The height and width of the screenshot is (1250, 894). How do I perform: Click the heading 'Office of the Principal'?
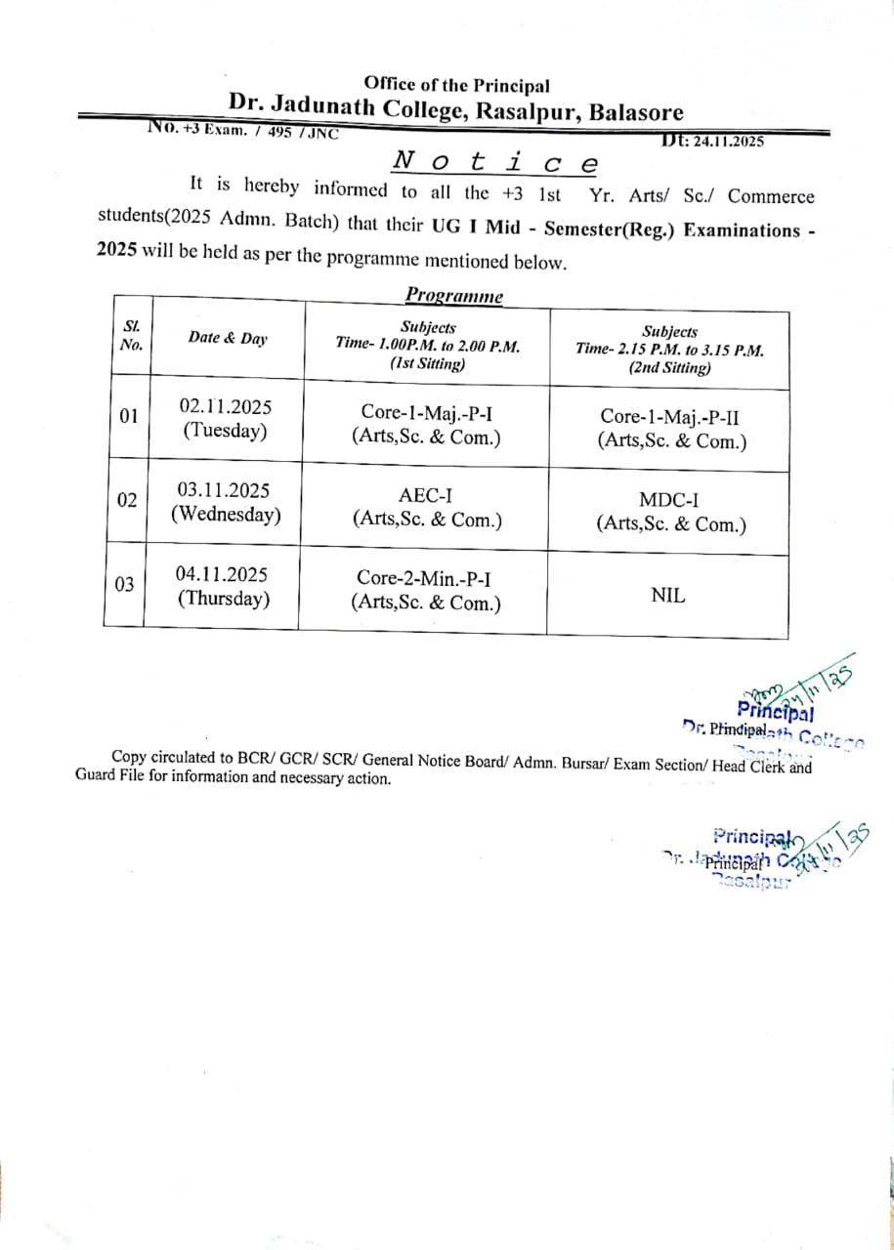point(456,86)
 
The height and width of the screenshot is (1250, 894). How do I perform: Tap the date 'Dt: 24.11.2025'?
point(713,141)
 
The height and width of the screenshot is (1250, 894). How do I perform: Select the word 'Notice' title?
point(495,162)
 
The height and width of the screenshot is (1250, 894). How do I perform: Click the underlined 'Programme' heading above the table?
point(454,296)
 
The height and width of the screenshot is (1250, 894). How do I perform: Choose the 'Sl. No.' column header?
point(131,336)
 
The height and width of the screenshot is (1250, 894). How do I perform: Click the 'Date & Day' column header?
point(227,339)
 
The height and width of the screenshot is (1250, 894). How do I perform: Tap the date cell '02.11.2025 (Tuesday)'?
point(225,419)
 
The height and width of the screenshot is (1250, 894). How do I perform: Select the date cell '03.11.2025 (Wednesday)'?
point(225,502)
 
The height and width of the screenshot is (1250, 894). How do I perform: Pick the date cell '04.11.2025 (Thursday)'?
point(223,586)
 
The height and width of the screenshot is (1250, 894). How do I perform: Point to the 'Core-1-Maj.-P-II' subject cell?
point(671,429)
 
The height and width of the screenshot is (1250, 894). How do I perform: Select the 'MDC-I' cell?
point(670,513)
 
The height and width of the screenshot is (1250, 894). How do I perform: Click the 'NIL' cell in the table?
point(667,594)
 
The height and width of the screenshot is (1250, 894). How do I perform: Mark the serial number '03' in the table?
point(124,585)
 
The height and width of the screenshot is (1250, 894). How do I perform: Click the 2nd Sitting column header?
point(669,350)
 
